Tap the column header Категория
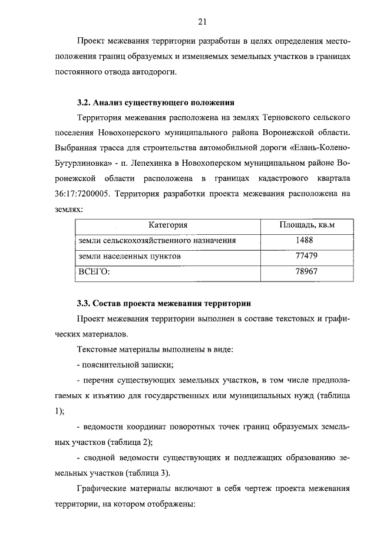point(168,225)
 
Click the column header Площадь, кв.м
point(306,225)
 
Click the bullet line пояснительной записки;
point(127,365)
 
